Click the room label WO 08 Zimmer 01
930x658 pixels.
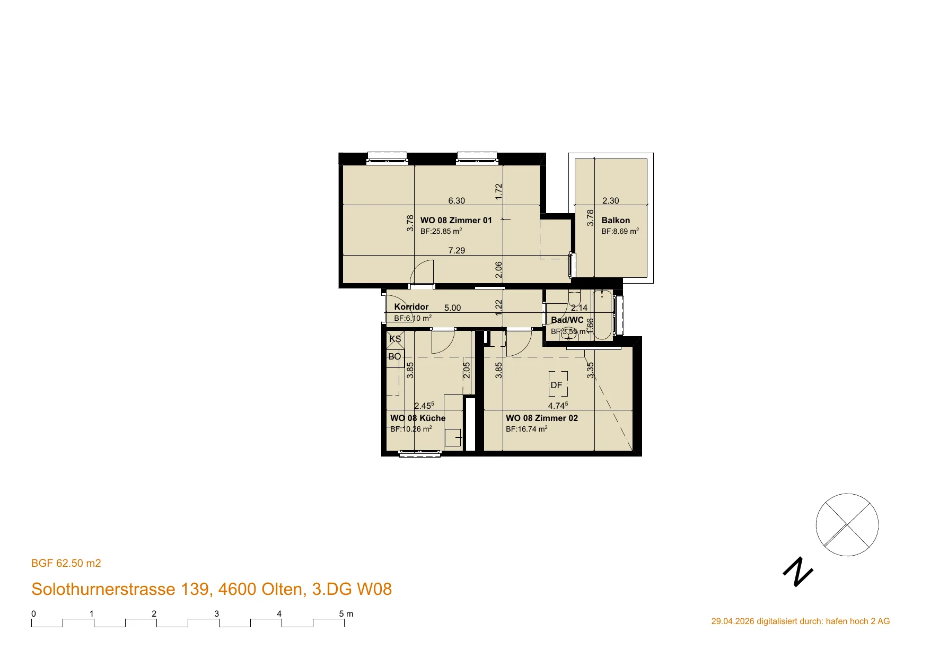pos(456,220)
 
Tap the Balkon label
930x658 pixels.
pos(616,220)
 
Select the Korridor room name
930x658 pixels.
pos(411,306)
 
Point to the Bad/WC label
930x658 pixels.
pos(567,320)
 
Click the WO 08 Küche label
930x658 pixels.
pos(418,418)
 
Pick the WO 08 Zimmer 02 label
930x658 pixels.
pos(542,418)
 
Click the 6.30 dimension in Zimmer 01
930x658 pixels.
pos(457,200)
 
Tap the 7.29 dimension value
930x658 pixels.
pos(457,250)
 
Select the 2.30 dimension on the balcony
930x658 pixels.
pos(611,200)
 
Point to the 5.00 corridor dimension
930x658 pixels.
pos(452,308)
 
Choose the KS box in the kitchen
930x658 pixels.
pos(395,339)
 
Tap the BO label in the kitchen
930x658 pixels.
pos(394,356)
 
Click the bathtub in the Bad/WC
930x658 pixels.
pos(603,315)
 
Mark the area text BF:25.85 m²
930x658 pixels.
pos(441,231)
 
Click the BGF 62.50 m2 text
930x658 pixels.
pos(66,563)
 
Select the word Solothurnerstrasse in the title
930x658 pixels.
pos(103,589)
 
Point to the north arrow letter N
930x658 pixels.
pos(798,572)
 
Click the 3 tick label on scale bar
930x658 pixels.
pos(217,613)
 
